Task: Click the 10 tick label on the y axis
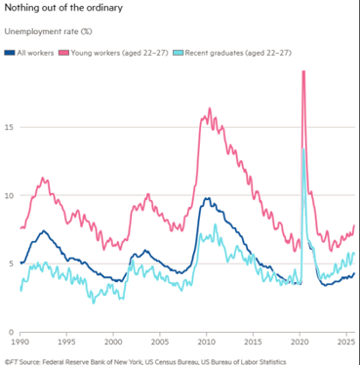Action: [8, 194]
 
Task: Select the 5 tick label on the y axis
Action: [10, 263]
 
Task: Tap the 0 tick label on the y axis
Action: [10, 331]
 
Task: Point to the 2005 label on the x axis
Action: [160, 344]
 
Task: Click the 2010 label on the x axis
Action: [206, 344]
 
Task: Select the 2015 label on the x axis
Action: [252, 344]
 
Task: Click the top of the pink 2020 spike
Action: [303, 72]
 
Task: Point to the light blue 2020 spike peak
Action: [304, 149]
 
